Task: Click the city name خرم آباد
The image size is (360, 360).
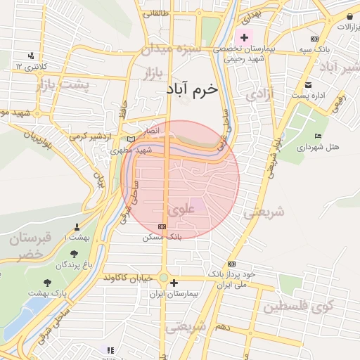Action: click(x=193, y=90)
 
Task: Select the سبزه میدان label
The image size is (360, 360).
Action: click(x=171, y=50)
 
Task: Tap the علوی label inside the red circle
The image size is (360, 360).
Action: click(x=181, y=210)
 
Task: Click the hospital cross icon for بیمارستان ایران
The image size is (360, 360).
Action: click(x=174, y=283)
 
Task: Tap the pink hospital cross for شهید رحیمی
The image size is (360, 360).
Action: click(x=245, y=37)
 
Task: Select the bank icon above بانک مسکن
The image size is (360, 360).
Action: click(x=162, y=227)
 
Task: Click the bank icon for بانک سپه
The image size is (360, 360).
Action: click(x=314, y=39)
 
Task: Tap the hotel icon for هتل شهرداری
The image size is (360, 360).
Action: click(x=318, y=136)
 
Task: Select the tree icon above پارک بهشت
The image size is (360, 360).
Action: click(x=47, y=283)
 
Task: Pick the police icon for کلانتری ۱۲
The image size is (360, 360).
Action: click(x=31, y=56)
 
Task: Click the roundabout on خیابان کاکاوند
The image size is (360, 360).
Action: click(x=164, y=278)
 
